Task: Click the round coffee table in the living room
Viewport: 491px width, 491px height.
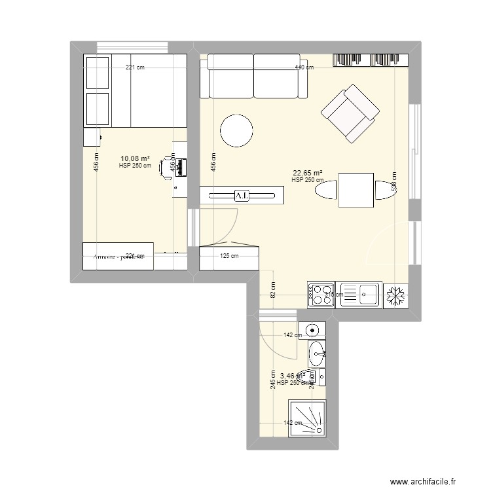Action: [x=236, y=130]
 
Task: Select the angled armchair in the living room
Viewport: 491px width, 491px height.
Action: [x=350, y=114]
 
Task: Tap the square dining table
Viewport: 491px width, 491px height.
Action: [x=355, y=190]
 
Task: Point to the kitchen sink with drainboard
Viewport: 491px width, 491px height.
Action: [x=358, y=294]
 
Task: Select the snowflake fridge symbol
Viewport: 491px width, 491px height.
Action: [x=395, y=295]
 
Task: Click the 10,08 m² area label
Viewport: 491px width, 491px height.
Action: [x=134, y=158]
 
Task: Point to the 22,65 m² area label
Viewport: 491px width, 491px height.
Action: [x=307, y=173]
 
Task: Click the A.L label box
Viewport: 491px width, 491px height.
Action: [x=242, y=195]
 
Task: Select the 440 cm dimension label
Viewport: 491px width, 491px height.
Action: [x=303, y=67]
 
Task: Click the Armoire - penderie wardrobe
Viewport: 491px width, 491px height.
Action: [x=118, y=256]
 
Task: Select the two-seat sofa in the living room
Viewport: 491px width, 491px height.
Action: [x=253, y=75]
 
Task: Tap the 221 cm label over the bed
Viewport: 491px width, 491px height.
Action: [x=136, y=67]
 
